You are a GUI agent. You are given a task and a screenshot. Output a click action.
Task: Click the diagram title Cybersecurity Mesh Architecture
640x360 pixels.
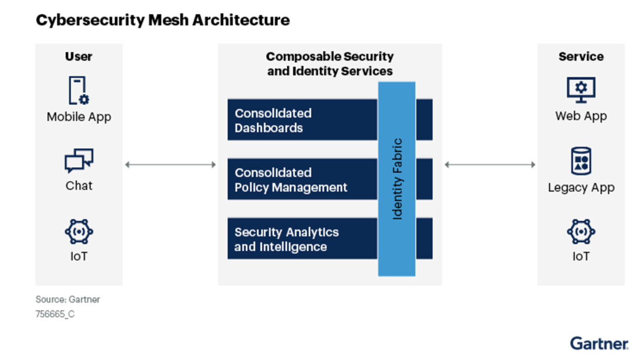(163, 20)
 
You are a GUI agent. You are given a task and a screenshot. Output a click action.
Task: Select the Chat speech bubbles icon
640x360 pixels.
(79, 160)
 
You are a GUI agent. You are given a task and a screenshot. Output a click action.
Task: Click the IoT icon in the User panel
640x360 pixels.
(79, 231)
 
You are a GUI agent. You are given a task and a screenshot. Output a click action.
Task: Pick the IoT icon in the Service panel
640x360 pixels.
(581, 231)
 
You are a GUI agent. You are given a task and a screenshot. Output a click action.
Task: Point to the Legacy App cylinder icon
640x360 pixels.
(581, 161)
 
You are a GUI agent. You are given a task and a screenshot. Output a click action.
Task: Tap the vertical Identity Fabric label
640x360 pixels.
(397, 179)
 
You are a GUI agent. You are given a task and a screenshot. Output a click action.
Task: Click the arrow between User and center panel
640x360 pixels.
(170, 165)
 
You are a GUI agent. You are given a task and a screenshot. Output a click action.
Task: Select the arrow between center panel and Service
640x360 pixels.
(490, 165)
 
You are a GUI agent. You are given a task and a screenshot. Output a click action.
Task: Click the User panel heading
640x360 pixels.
(79, 57)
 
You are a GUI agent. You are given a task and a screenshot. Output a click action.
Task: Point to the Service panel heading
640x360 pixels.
(581, 57)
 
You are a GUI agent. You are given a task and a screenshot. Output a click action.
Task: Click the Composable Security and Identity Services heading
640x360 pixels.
(330, 64)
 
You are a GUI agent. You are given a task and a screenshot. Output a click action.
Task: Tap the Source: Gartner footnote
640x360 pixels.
(68, 299)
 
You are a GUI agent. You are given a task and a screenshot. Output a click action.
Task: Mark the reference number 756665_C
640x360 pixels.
(55, 314)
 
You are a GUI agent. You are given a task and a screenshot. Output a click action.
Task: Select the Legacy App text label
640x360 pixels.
(581, 188)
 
